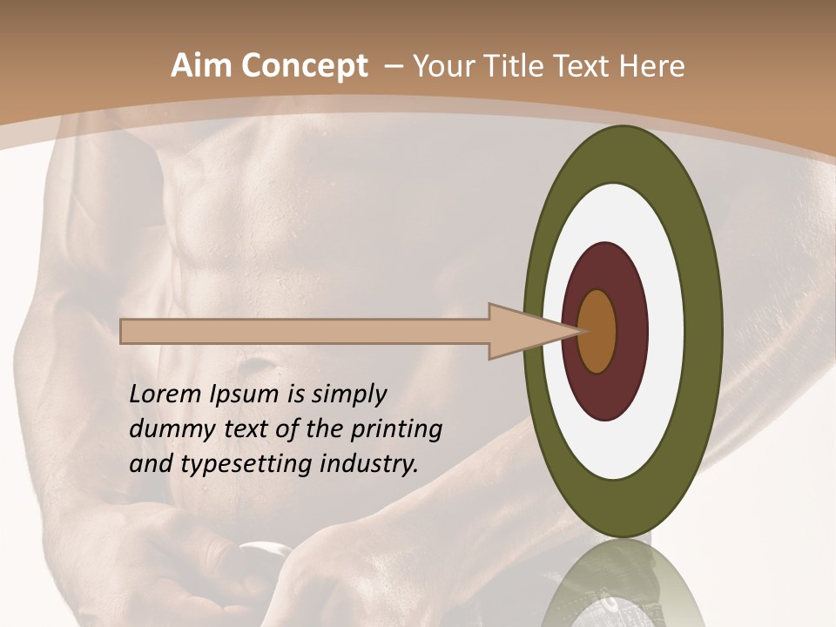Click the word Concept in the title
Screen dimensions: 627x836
pyautogui.click(x=304, y=66)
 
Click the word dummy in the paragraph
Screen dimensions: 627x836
pyautogui.click(x=166, y=429)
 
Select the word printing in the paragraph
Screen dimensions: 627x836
pyautogui.click(x=395, y=429)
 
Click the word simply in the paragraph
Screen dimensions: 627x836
pyautogui.click(x=349, y=395)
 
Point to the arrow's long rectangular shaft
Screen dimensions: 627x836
pyautogui.click(x=305, y=331)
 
